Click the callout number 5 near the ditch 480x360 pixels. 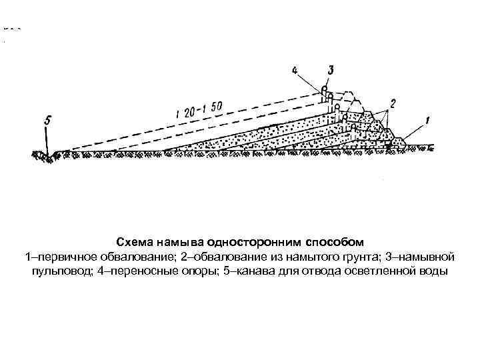47,121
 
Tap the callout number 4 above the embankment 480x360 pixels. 295,70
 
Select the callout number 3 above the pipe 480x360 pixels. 331,70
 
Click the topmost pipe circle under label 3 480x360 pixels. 324,89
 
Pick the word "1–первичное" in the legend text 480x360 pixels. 55,257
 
